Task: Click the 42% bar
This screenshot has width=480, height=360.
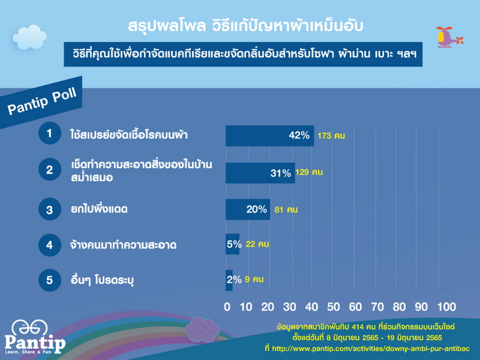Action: (270, 135)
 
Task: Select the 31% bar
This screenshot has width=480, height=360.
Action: (260, 173)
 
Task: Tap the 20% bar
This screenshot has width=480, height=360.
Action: (247, 210)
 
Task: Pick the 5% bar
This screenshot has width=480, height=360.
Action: (233, 244)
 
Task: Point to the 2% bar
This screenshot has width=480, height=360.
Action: (229, 280)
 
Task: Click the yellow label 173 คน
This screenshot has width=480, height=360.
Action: (331, 135)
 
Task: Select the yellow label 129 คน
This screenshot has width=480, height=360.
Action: (309, 172)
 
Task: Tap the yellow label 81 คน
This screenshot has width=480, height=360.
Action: (286, 210)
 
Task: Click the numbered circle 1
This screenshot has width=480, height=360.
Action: (50, 133)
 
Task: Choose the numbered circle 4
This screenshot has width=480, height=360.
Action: (50, 245)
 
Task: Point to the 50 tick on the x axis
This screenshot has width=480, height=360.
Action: (333, 307)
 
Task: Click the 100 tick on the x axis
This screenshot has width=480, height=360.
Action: (446, 307)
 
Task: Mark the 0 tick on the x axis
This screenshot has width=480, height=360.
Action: (227, 307)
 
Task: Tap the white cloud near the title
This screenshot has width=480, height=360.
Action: (30, 37)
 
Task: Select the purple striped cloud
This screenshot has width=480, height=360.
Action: (202, 330)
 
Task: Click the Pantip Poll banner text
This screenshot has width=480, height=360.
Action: (42, 101)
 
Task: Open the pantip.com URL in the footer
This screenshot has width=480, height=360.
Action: (371, 349)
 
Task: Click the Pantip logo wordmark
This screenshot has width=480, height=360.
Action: (35, 342)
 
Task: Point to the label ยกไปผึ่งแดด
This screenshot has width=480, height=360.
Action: (99, 209)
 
